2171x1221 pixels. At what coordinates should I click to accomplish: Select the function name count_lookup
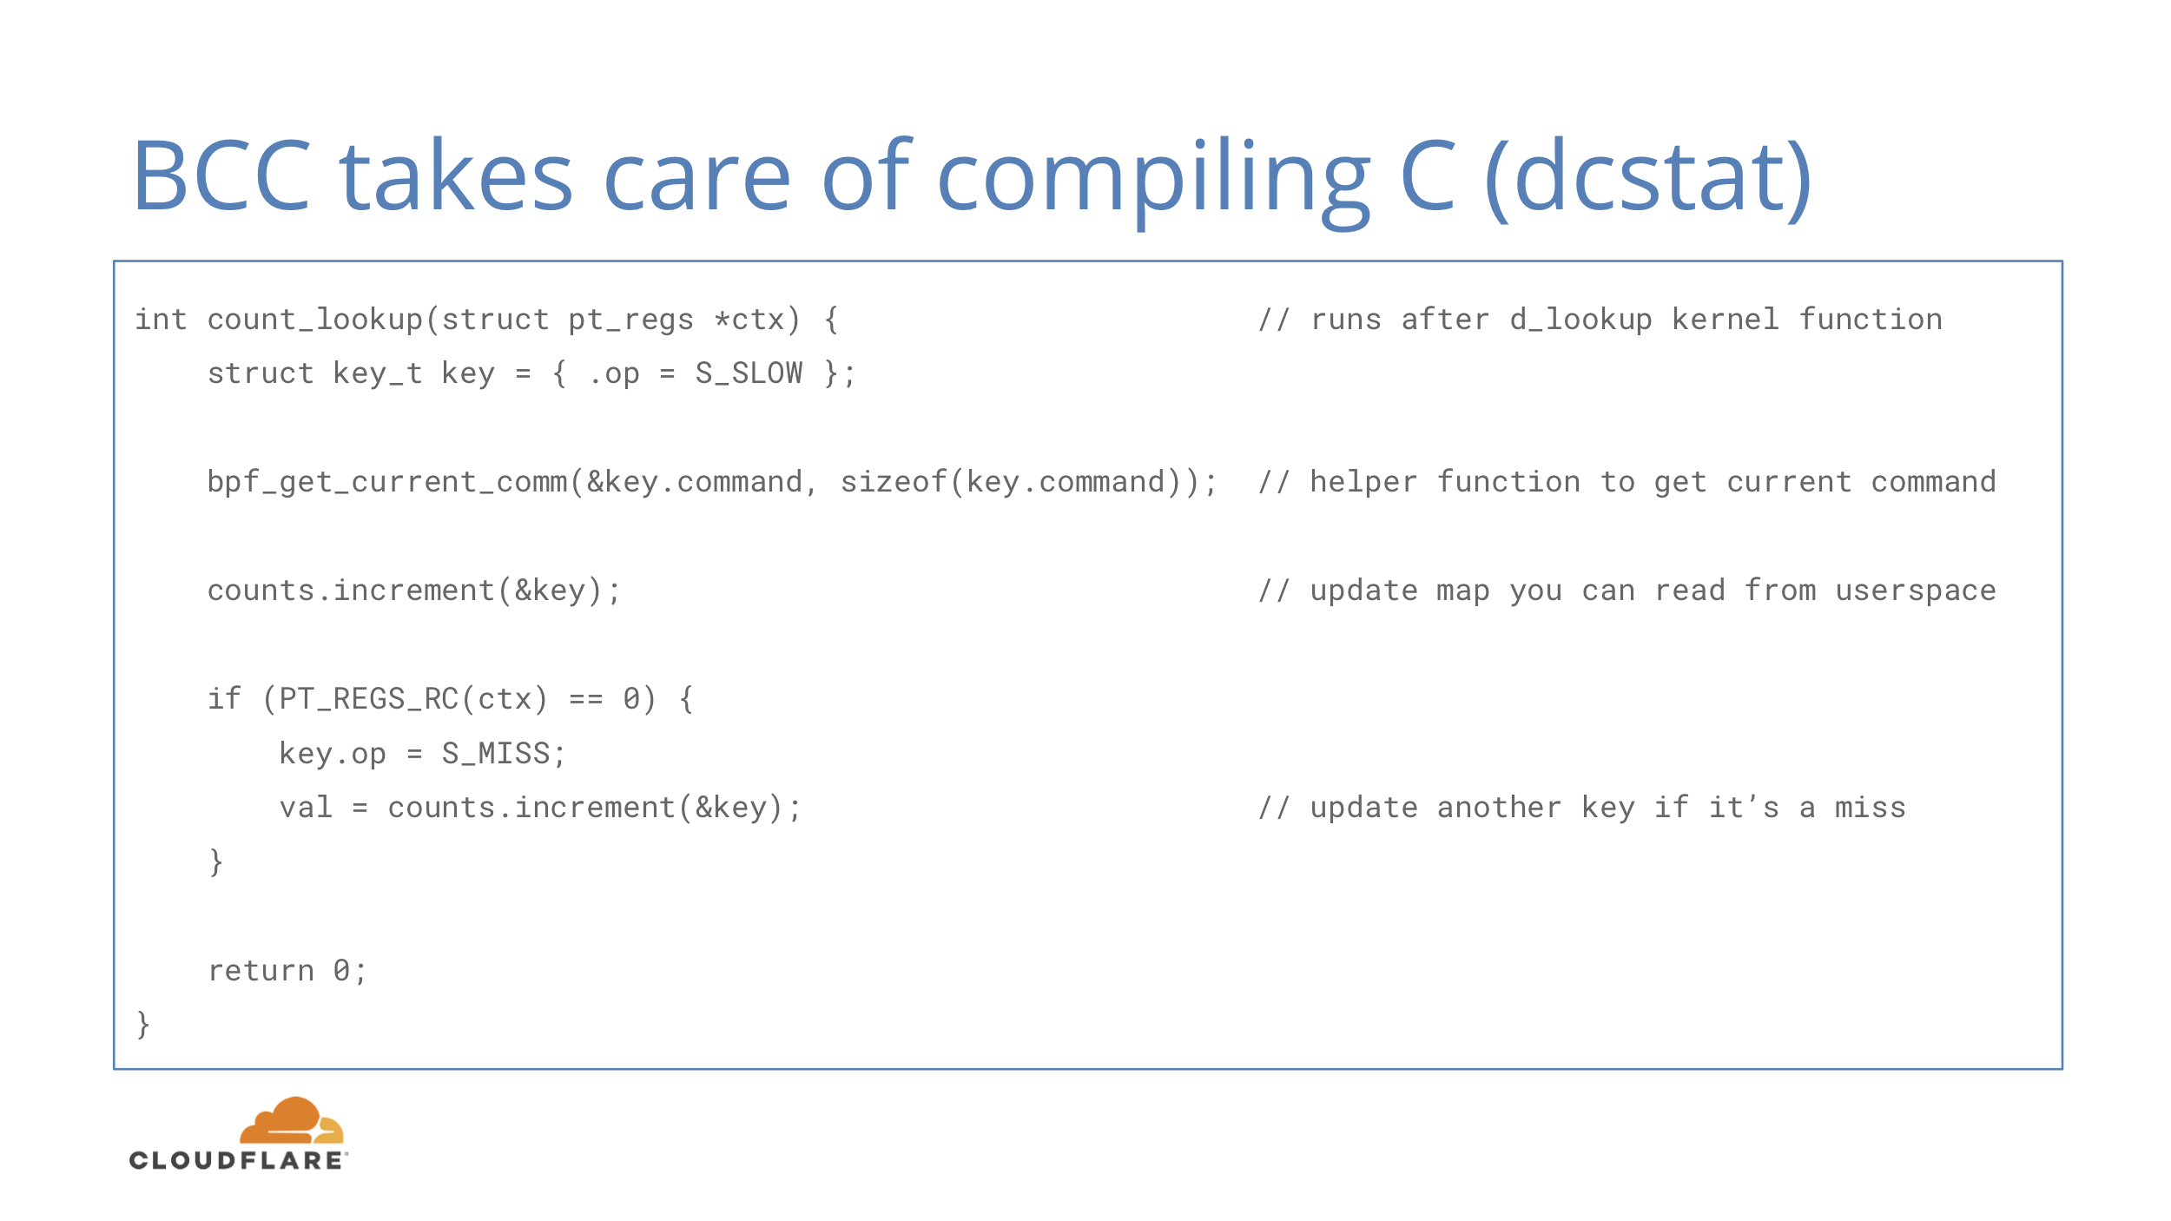(x=315, y=320)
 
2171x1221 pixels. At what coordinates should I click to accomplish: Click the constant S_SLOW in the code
(x=749, y=373)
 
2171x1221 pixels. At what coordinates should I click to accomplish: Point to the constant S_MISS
(x=496, y=754)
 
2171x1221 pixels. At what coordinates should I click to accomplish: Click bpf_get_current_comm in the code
(x=387, y=483)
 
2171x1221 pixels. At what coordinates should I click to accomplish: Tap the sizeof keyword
(x=894, y=481)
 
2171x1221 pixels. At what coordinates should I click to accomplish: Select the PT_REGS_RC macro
(x=369, y=700)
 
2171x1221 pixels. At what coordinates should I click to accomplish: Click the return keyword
(x=261, y=971)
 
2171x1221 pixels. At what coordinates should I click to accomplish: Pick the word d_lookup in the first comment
(x=1581, y=320)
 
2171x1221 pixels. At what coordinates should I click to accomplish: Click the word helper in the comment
(x=1363, y=481)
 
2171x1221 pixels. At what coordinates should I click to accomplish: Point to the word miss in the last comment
(x=1871, y=808)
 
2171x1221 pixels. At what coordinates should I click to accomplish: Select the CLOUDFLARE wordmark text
(x=237, y=1160)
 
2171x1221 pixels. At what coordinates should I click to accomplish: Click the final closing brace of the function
(x=143, y=1025)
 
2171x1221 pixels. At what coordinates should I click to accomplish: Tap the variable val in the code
(x=306, y=808)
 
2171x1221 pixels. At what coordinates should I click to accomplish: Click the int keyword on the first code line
(x=161, y=320)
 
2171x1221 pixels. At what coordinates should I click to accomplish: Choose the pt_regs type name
(x=631, y=320)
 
